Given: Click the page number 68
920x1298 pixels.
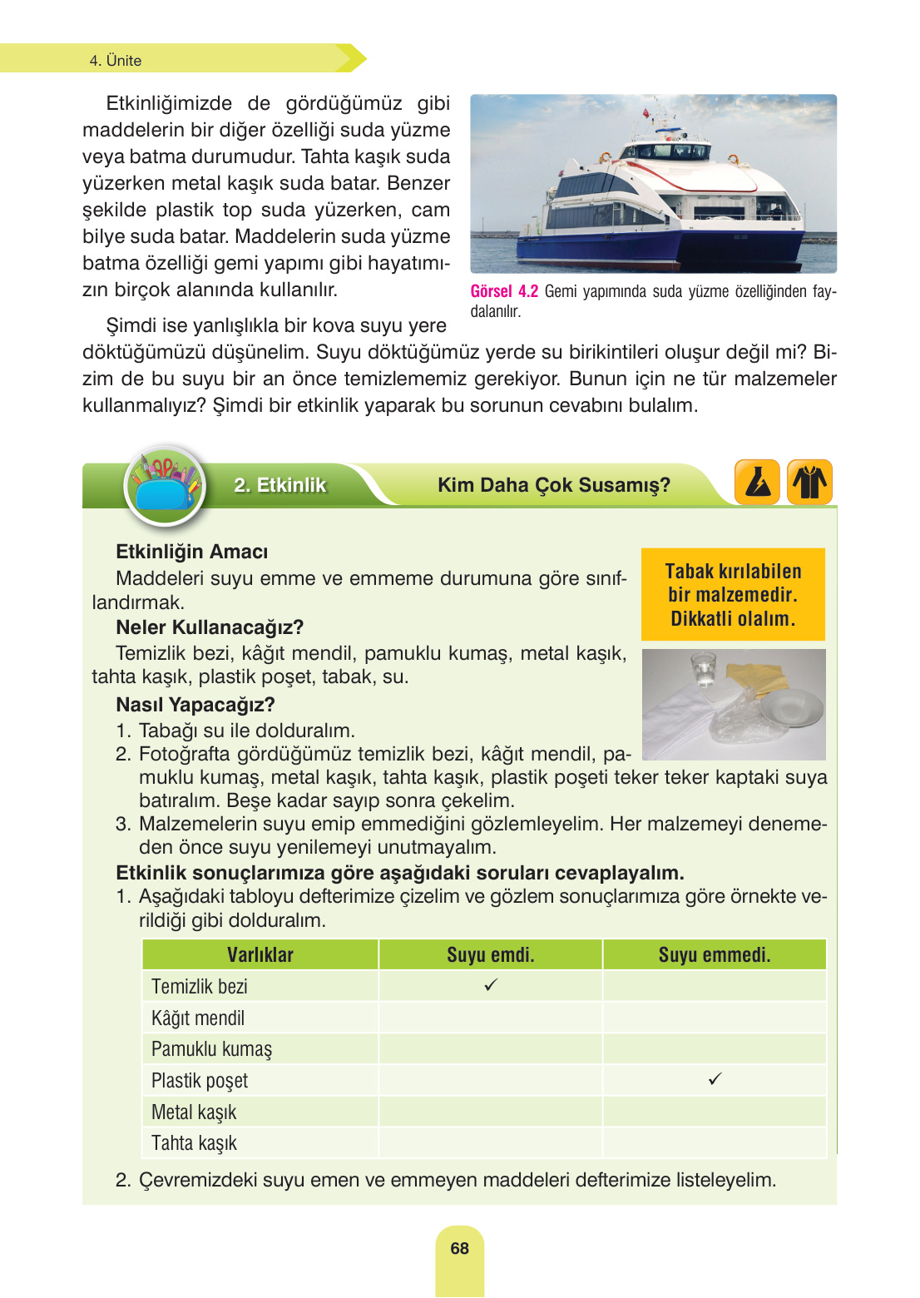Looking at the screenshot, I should click(459, 1248).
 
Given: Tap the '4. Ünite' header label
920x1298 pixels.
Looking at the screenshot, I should click(116, 61).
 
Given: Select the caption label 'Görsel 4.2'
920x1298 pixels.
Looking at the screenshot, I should click(504, 291).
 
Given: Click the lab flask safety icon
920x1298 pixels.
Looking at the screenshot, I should click(757, 483).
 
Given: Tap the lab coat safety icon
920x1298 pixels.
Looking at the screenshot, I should click(809, 483).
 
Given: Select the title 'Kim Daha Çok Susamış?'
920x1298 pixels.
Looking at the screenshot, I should click(553, 485).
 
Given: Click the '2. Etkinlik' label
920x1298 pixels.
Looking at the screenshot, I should click(279, 485).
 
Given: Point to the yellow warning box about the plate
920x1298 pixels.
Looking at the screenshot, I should click(733, 594).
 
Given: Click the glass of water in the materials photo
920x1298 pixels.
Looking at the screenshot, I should click(703, 670).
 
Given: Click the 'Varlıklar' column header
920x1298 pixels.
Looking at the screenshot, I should click(260, 954).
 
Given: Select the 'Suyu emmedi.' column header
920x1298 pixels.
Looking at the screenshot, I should click(714, 954).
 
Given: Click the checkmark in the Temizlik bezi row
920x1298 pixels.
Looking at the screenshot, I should click(491, 985).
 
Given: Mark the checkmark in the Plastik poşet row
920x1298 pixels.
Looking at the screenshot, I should click(715, 1079).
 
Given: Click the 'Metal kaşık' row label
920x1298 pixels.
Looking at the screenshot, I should click(194, 1112).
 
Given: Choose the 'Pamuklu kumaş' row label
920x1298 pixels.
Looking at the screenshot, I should click(211, 1048).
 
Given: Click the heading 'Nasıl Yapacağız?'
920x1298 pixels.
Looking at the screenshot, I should click(195, 705).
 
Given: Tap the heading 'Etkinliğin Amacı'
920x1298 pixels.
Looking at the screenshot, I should click(191, 552).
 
